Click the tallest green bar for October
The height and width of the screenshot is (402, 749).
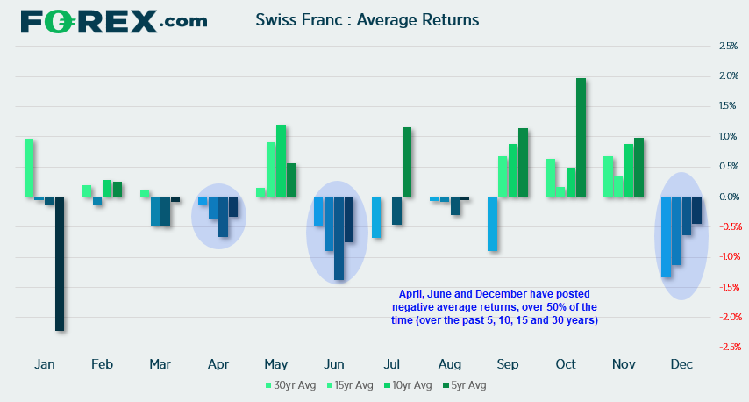[x=581, y=137]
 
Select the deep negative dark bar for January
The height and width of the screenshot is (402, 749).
[x=60, y=263]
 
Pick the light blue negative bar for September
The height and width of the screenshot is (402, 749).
[x=493, y=224]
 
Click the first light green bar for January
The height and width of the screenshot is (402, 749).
[x=29, y=168]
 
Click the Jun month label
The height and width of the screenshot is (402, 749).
[x=334, y=363]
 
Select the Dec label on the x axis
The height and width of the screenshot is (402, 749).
[x=680, y=363]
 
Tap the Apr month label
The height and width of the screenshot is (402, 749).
[x=218, y=363]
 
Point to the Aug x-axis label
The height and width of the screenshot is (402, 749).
[x=449, y=363]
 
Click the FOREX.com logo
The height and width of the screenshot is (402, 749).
[x=114, y=20]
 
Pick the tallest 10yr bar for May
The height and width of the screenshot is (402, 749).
[x=282, y=161]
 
